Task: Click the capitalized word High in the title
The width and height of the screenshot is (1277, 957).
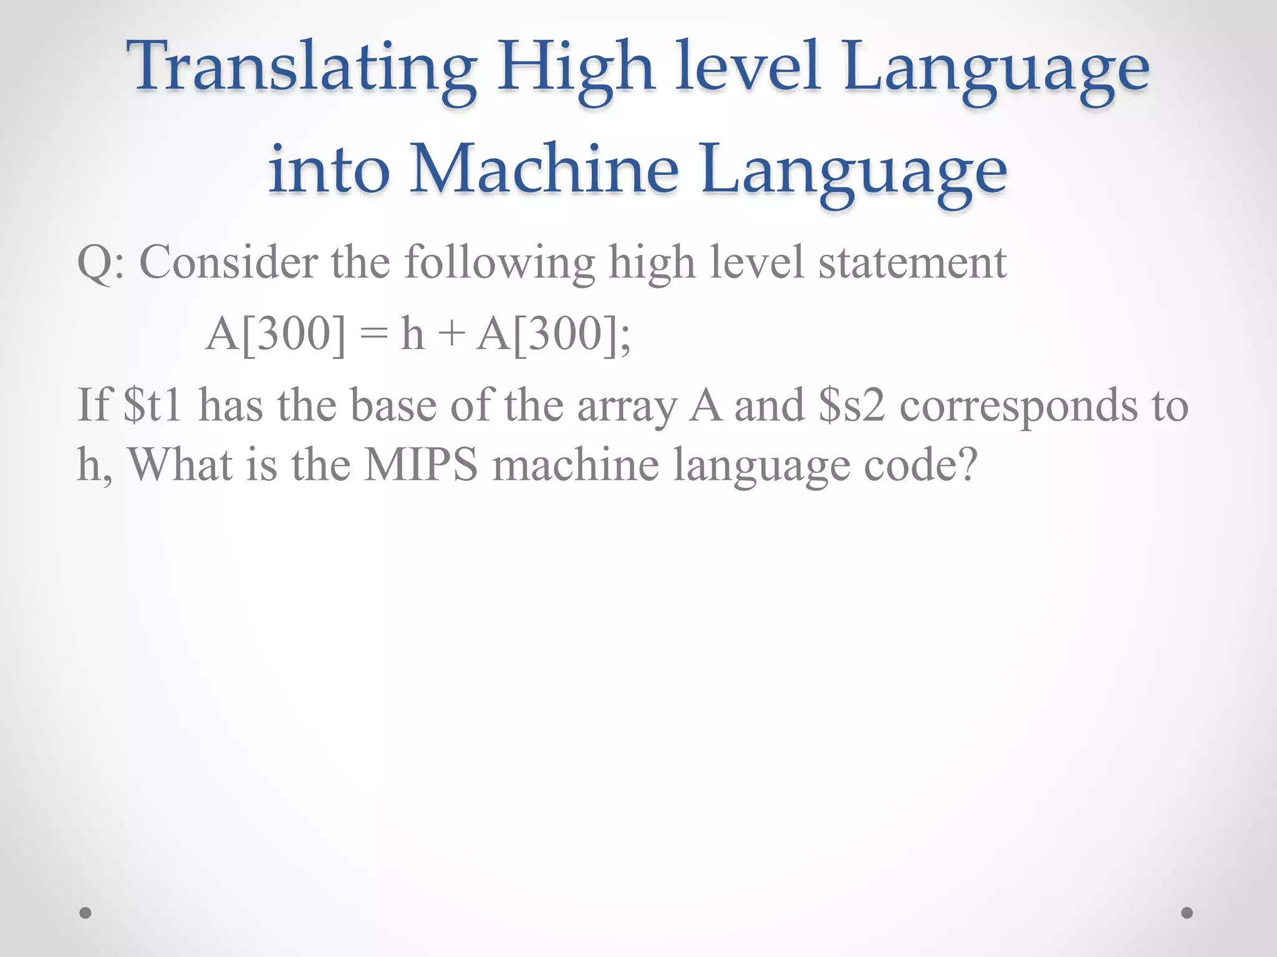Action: [575, 67]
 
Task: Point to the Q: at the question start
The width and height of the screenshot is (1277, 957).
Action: [100, 263]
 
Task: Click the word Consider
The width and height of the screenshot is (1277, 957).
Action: [228, 262]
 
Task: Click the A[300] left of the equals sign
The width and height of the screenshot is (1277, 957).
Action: [275, 335]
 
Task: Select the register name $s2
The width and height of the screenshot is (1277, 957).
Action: [852, 406]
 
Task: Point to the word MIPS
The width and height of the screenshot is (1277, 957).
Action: [421, 465]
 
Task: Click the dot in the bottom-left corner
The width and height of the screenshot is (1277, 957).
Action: [85, 913]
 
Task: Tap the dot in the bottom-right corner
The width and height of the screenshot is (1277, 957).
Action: [1187, 913]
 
